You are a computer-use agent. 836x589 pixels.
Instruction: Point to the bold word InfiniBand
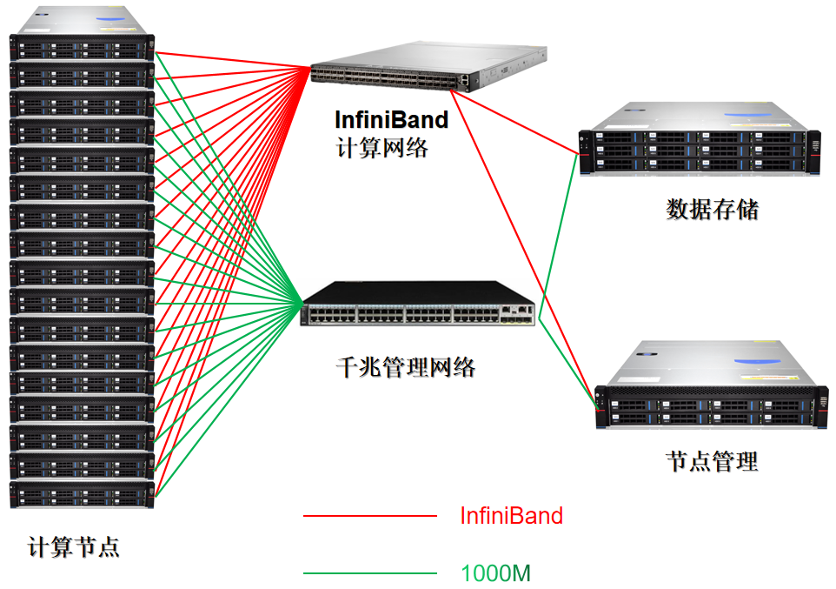coord(391,119)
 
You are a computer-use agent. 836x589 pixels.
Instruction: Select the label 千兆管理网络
coord(405,367)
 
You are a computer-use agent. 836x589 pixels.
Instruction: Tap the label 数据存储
coord(712,210)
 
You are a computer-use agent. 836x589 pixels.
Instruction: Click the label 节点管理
coord(712,461)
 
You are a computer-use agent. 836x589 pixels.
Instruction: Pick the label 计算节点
coord(74,548)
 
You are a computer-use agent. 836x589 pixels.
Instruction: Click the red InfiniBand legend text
coord(511,516)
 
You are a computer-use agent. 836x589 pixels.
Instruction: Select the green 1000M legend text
coord(495,573)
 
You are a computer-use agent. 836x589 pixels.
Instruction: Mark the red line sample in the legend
coord(369,516)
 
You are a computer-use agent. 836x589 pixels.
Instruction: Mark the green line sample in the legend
coord(369,573)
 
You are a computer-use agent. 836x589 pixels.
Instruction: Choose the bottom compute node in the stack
coord(82,495)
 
